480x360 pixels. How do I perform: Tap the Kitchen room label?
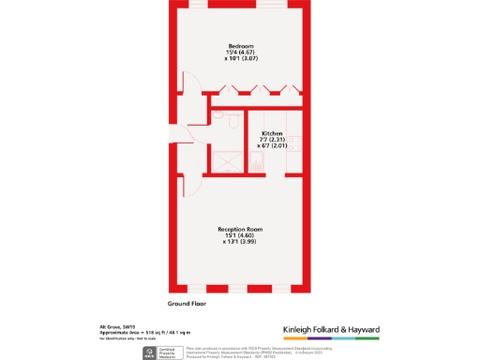(x=272, y=133)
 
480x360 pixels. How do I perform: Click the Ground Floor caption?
(x=187, y=305)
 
